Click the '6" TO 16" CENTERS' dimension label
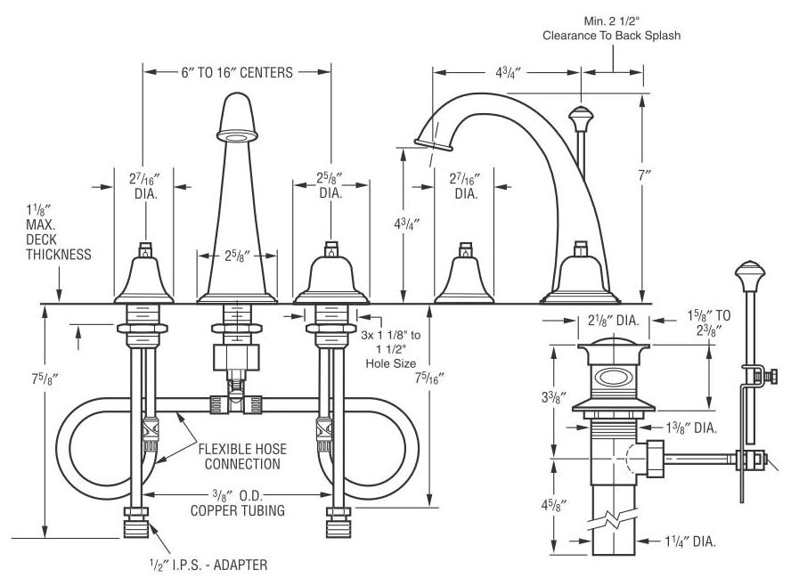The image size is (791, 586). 237,73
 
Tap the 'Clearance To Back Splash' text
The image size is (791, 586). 611,36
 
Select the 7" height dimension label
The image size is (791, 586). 645,175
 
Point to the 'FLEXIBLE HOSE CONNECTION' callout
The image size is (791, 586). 242,456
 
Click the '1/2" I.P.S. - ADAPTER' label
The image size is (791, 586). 208,565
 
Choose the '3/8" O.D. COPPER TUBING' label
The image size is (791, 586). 238,502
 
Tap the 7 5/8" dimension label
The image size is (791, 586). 45,378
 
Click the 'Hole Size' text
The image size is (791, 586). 391,363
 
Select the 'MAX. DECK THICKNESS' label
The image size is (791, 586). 59,239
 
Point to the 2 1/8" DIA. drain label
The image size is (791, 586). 614,321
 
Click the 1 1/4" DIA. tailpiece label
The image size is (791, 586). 689,541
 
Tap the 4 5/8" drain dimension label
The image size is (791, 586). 554,505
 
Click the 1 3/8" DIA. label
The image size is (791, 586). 691,427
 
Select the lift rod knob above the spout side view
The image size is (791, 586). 581,118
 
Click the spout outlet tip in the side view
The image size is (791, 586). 433,145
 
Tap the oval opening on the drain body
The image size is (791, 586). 613,378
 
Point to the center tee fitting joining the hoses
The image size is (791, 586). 236,404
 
